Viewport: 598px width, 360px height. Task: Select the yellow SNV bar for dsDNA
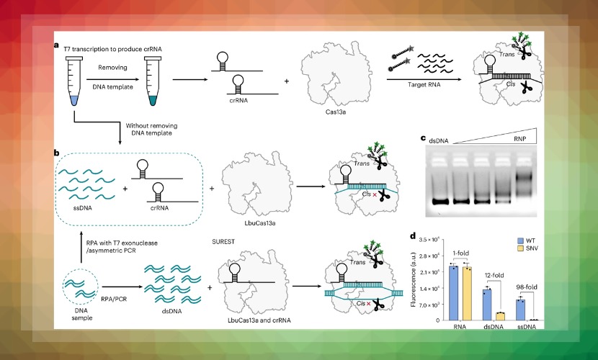tap(500, 316)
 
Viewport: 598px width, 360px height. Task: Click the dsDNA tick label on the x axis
tap(494, 327)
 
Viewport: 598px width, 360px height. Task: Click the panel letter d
tap(412, 235)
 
